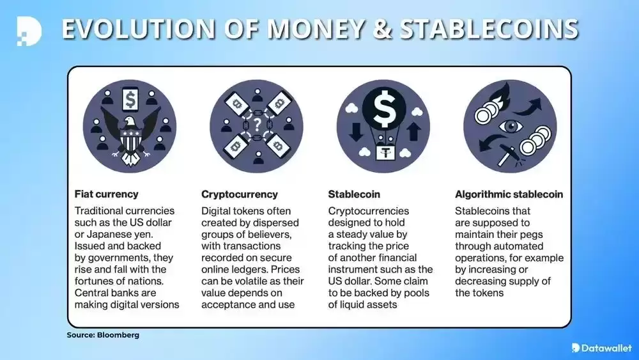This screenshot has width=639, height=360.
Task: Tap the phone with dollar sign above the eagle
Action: (130, 99)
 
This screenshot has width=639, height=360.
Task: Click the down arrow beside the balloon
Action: (357, 132)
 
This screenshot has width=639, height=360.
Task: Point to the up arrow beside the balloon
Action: (413, 132)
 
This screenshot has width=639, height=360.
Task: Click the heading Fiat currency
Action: (106, 194)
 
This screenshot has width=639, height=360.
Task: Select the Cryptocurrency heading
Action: (240, 194)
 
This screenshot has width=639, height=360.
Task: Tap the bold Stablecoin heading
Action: (354, 194)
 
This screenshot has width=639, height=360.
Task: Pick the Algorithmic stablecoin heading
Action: (509, 194)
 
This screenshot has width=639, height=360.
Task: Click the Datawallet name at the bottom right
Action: (606, 348)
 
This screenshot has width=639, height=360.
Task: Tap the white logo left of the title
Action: (29, 30)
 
